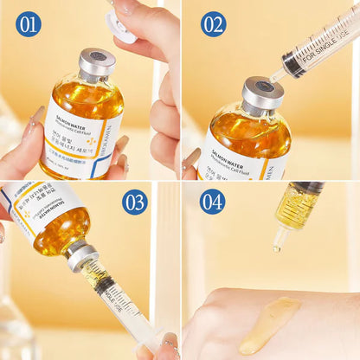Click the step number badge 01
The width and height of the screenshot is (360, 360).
pyautogui.click(x=29, y=24)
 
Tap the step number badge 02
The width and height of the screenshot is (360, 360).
pyautogui.click(x=213, y=24)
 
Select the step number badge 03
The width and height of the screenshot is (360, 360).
pyautogui.click(x=135, y=202)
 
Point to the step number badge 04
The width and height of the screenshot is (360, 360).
pyautogui.click(x=213, y=202)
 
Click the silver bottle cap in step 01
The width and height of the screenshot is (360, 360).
pyautogui.click(x=97, y=63)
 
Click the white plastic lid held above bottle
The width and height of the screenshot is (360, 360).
pyautogui.click(x=121, y=26)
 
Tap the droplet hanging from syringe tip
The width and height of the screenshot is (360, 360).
pyautogui.click(x=278, y=248)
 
